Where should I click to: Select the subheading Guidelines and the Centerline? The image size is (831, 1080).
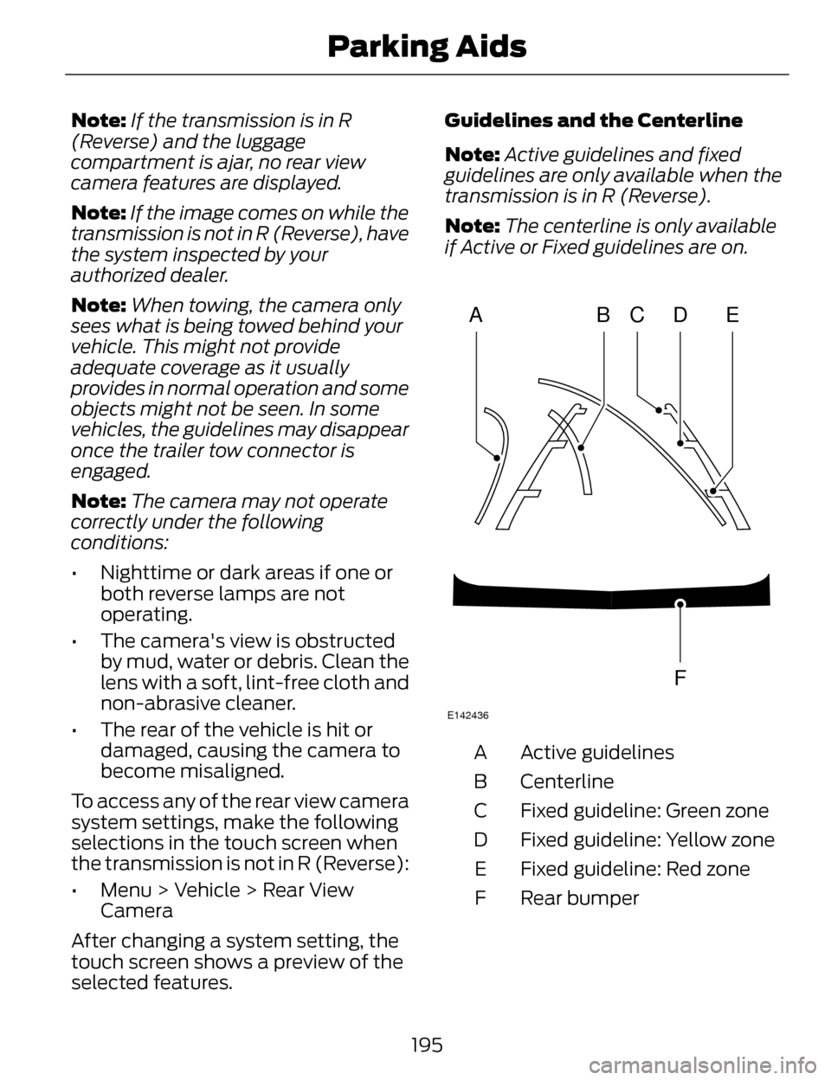(x=593, y=119)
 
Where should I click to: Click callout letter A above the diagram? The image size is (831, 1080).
(x=475, y=317)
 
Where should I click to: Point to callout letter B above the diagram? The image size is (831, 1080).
(x=603, y=317)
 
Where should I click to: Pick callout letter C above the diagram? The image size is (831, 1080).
(x=637, y=317)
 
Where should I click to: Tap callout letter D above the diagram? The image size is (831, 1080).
(x=680, y=317)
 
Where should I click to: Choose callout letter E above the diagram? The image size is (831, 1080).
(x=732, y=317)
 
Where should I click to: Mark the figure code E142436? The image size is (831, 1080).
(x=467, y=716)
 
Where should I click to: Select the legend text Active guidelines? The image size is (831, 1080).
(x=596, y=752)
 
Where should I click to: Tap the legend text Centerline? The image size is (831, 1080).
(x=566, y=781)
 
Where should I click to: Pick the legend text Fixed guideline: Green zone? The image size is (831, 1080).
(x=644, y=811)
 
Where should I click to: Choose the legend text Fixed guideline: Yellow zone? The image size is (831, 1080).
(x=647, y=839)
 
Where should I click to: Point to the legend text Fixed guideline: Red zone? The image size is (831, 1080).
(x=635, y=869)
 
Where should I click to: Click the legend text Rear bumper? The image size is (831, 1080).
(x=579, y=898)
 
